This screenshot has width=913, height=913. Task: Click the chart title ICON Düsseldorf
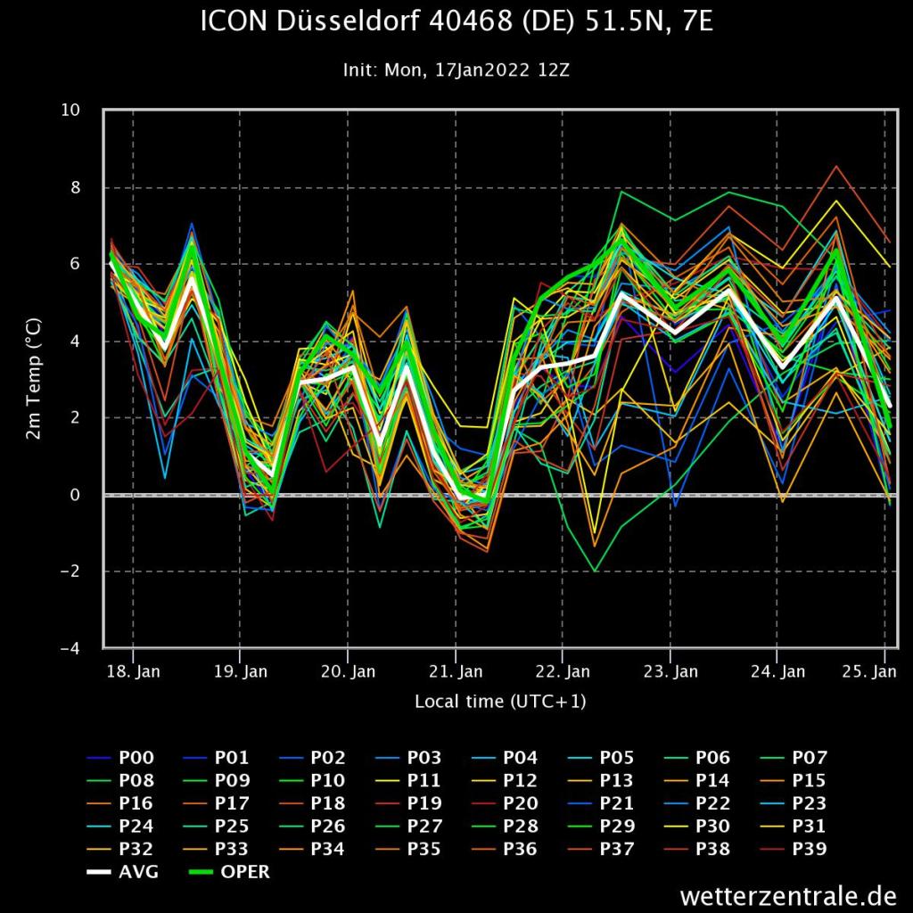(456, 23)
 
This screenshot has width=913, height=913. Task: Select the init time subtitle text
(456, 70)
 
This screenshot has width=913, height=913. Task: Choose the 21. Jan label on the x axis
(456, 671)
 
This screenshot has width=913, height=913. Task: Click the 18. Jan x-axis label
(134, 671)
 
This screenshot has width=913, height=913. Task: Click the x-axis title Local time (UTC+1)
(500, 702)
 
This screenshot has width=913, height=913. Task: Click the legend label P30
(712, 827)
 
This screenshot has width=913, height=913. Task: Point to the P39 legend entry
(810, 850)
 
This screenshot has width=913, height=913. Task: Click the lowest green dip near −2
(595, 571)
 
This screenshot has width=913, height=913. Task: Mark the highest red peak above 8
(835, 166)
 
